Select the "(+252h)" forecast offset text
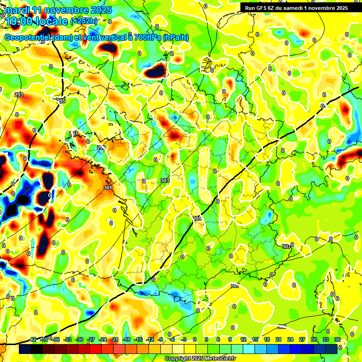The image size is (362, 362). click(84, 21)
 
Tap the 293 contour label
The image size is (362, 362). click(19, 95)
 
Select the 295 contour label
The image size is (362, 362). click(61, 101)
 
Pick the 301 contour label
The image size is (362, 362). click(108, 188)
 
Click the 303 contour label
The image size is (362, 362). click(165, 181)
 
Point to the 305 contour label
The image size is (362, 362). click(197, 218)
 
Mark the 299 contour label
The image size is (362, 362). click(101, 148)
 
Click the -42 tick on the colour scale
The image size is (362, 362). click(33, 340)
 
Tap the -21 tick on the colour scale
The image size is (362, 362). click(114, 340)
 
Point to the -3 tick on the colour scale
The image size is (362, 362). click(184, 340)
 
